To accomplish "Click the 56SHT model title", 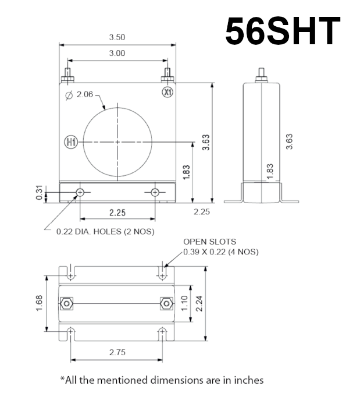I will click(283, 31).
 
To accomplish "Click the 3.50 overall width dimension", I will click(117, 37).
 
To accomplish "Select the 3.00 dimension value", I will click(117, 53).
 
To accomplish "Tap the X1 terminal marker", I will click(167, 92).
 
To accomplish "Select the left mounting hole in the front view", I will click(80, 192).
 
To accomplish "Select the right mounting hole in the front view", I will click(155, 192).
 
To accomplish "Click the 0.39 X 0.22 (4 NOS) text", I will click(220, 252).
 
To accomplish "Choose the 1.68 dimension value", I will click(40, 303).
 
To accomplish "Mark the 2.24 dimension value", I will click(199, 303).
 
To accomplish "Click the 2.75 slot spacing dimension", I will click(117, 352).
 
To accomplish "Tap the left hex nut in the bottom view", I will click(66, 303).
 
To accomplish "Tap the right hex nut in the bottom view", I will click(166, 303).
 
